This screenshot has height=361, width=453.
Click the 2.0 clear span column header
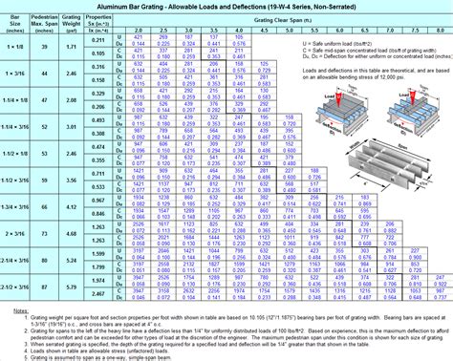[138, 31]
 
